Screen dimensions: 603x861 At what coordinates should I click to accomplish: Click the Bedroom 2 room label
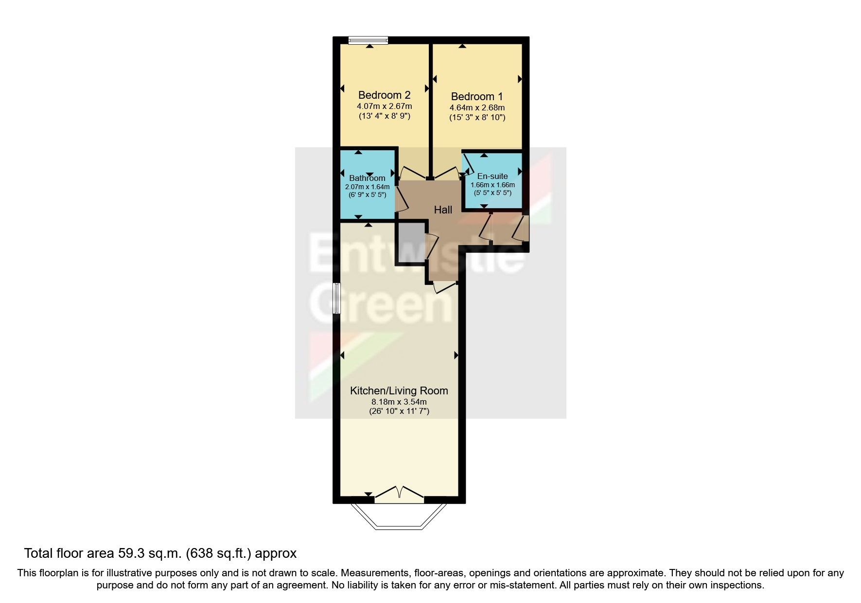tap(384, 95)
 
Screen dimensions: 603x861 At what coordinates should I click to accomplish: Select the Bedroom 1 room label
tap(477, 96)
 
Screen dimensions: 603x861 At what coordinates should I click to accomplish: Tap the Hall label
tap(443, 210)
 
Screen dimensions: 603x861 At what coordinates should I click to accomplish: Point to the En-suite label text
tap(492, 176)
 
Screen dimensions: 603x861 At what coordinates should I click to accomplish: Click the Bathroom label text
tap(367, 178)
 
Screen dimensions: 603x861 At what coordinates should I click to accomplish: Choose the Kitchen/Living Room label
tap(399, 390)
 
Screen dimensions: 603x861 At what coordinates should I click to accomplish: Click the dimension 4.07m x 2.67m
tap(384, 106)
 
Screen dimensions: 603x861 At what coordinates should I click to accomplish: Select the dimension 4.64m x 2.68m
tap(477, 107)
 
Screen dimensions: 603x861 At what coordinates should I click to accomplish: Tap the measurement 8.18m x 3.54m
tap(399, 402)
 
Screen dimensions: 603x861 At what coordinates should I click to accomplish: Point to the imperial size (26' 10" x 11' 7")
tap(399, 411)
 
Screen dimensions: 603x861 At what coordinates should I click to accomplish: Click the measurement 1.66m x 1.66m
tap(492, 185)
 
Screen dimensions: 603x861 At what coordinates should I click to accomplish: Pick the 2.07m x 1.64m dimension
tap(367, 186)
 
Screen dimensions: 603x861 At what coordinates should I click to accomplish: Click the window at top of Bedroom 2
tap(368, 40)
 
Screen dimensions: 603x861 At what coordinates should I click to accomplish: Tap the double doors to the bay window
tap(399, 494)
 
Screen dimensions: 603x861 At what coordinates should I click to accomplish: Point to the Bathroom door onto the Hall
tap(402, 199)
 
